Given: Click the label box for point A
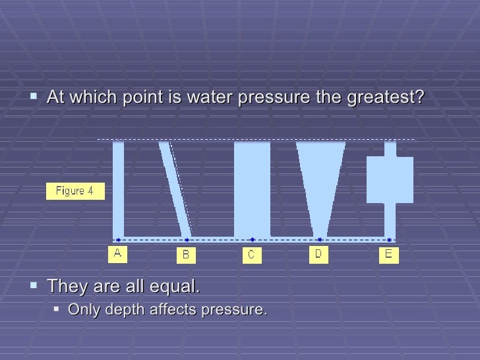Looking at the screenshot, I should click(118, 254).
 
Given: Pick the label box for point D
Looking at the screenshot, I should click(318, 254).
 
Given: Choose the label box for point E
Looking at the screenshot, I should click(388, 255).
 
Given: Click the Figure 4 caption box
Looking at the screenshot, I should click(75, 191).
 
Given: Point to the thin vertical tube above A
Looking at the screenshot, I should click(118, 188).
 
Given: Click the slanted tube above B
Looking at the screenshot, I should click(174, 188).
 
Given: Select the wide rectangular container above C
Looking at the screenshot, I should click(252, 188).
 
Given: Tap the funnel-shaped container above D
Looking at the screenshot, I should click(320, 178).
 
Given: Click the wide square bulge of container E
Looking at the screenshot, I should click(390, 179).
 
